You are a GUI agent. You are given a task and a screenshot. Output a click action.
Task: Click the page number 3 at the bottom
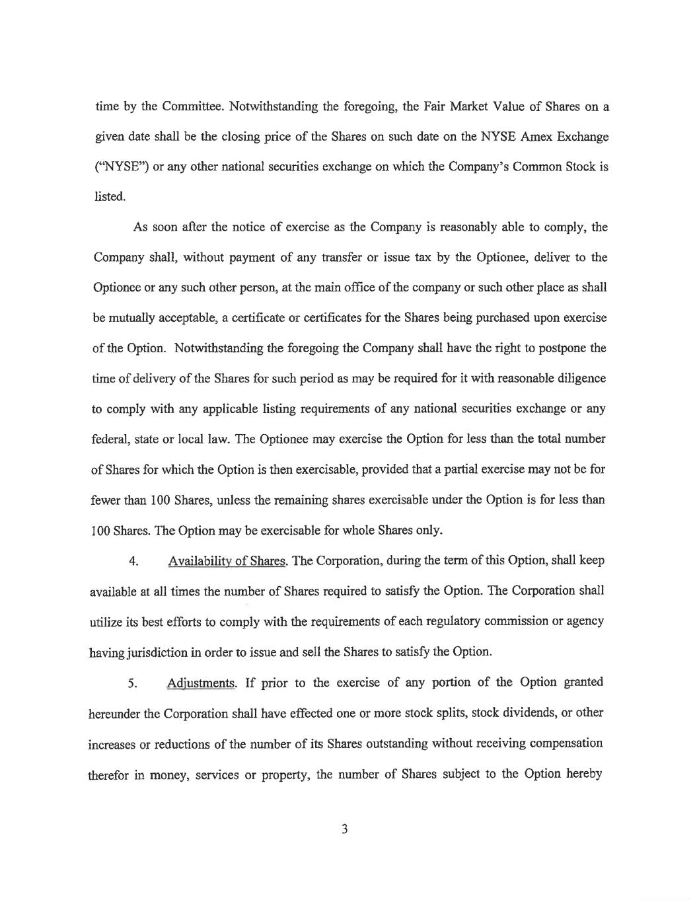click(344, 829)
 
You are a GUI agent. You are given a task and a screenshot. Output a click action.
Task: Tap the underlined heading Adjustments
click(201, 683)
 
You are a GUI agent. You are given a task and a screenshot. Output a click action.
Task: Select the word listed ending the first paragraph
click(108, 196)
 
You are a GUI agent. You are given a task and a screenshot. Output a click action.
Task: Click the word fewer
click(105, 500)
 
